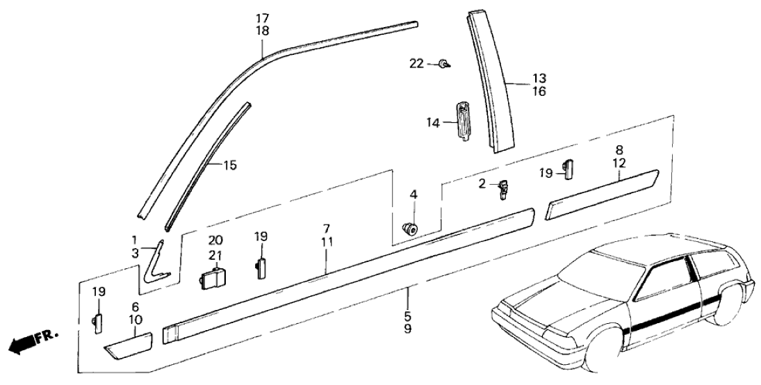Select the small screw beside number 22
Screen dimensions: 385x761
[x=444, y=65]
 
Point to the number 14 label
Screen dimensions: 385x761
[x=434, y=122]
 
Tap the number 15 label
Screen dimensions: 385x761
[x=230, y=165]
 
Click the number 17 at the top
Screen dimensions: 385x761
[x=262, y=17]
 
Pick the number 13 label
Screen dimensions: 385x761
[x=521, y=78]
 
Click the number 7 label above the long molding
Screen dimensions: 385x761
[x=326, y=229]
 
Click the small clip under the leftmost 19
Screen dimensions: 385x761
[x=97, y=322]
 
